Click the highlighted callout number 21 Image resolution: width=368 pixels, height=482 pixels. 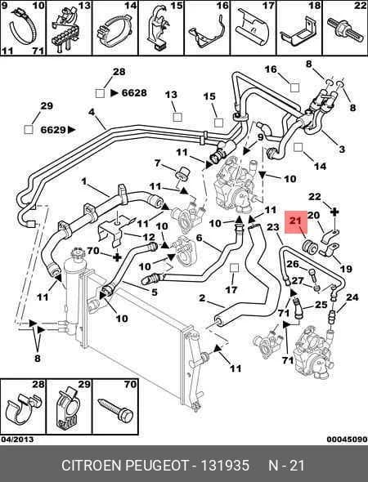coord(296,221)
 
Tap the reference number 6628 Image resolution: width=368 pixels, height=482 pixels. coord(134,92)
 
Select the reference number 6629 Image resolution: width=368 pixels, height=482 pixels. coord(53,130)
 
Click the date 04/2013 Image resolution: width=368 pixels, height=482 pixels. coord(17,440)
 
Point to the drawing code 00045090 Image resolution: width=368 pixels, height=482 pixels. coord(347,440)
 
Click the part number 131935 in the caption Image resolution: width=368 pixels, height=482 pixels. coord(225,465)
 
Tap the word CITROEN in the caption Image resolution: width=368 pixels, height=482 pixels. coord(92,465)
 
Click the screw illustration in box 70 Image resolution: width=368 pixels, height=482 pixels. coord(115,410)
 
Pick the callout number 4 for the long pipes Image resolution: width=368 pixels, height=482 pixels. coord(92,112)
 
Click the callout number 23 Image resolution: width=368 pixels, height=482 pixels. coord(272,227)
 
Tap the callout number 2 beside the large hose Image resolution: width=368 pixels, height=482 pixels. coord(202,298)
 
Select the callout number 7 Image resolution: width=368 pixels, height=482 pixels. coord(158,163)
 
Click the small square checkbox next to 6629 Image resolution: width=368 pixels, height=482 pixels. coord(29,130)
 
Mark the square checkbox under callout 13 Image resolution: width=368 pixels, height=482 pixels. coord(177,117)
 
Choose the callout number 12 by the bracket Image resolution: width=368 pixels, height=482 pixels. coord(149,237)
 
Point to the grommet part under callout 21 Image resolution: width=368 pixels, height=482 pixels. coord(309,247)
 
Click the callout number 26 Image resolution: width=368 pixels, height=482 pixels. coord(293,264)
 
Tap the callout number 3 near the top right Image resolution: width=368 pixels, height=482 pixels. coord(342,149)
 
